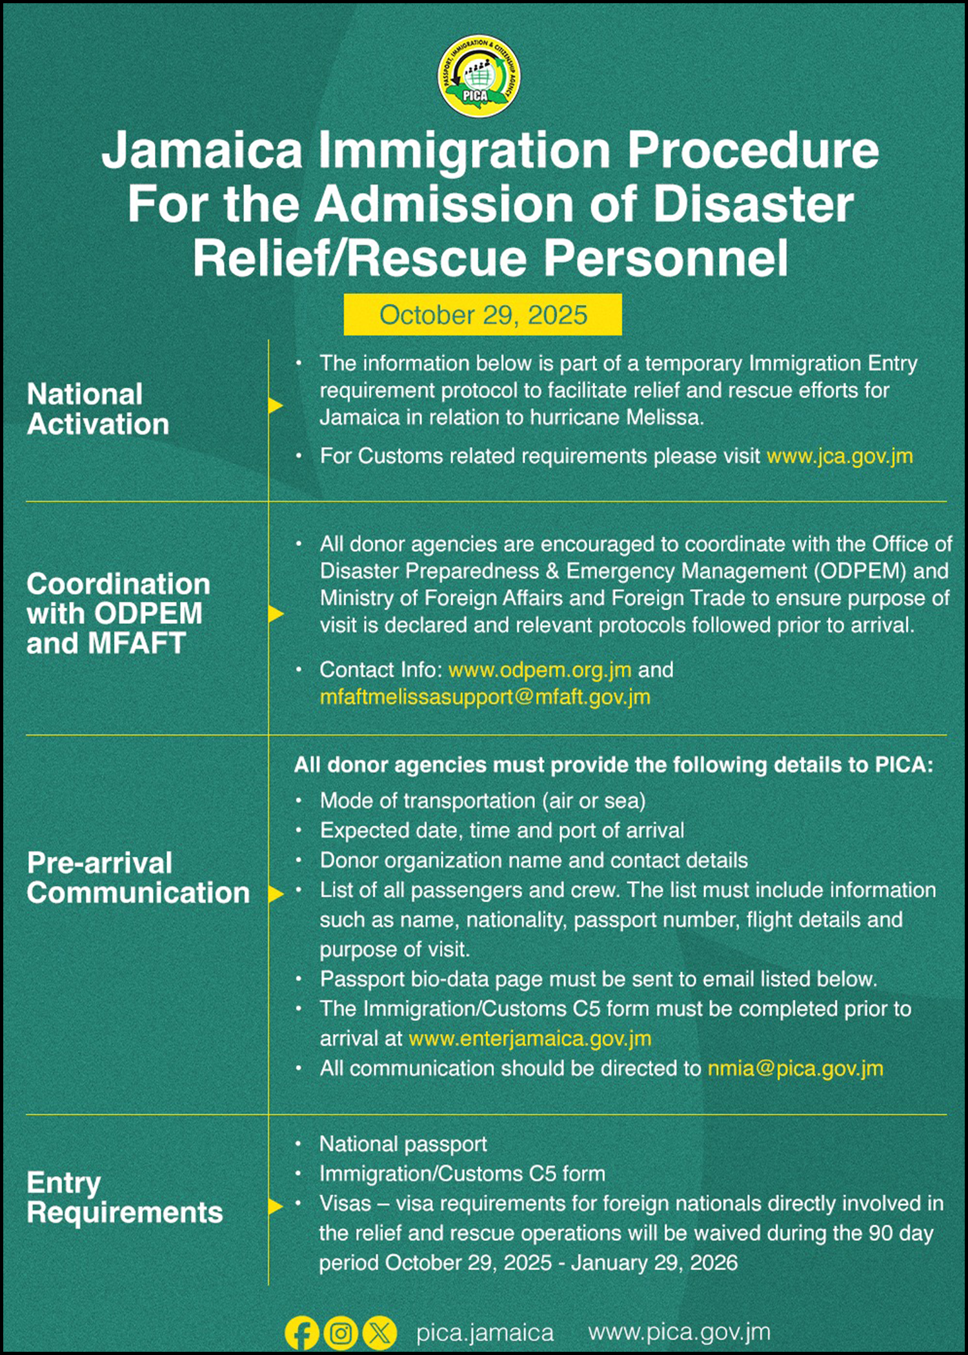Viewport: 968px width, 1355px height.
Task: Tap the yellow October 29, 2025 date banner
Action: coord(483,315)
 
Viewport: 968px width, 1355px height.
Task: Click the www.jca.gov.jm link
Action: coord(840,456)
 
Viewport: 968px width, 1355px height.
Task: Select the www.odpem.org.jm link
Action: coord(539,670)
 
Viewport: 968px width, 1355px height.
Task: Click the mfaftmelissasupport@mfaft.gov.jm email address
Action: coord(485,697)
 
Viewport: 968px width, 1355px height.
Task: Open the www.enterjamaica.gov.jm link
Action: coord(530,1038)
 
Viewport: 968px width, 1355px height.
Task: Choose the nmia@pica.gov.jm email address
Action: coord(795,1069)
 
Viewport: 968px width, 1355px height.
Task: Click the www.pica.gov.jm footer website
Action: coord(680,1332)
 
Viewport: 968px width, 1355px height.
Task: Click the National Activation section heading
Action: coord(98,409)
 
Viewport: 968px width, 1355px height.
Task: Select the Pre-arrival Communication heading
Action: coord(138,878)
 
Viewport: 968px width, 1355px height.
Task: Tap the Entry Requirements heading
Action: coord(125,1198)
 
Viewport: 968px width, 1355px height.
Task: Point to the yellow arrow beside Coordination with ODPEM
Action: coord(276,614)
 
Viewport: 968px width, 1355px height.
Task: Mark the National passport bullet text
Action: coord(403,1144)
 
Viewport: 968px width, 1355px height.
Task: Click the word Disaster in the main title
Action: coord(753,204)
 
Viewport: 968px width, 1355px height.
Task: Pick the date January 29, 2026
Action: coord(654,1263)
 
